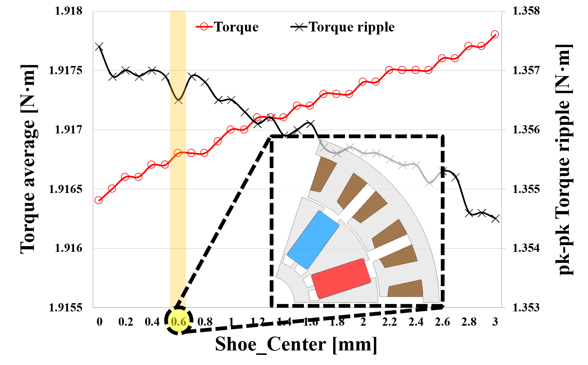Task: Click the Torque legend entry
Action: tap(227, 27)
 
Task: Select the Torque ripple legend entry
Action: tap(343, 27)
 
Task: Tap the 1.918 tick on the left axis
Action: tap(69, 11)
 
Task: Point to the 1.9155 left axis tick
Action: tap(66, 308)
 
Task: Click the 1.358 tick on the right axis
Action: tap(526, 11)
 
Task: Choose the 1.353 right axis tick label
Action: tap(526, 308)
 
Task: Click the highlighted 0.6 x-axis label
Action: tap(179, 322)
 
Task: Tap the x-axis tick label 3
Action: tap(495, 322)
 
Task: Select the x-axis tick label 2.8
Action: tap(469, 322)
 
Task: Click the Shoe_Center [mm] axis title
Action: tap(296, 344)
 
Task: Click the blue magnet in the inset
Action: tap(313, 239)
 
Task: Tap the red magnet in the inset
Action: tap(341, 278)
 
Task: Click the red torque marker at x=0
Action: tap(99, 200)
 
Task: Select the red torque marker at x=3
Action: tap(495, 34)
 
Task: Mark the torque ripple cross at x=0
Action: tap(99, 46)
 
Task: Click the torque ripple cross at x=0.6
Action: tap(178, 100)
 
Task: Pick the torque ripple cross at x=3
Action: tap(495, 218)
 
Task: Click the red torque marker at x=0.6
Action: tap(178, 153)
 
